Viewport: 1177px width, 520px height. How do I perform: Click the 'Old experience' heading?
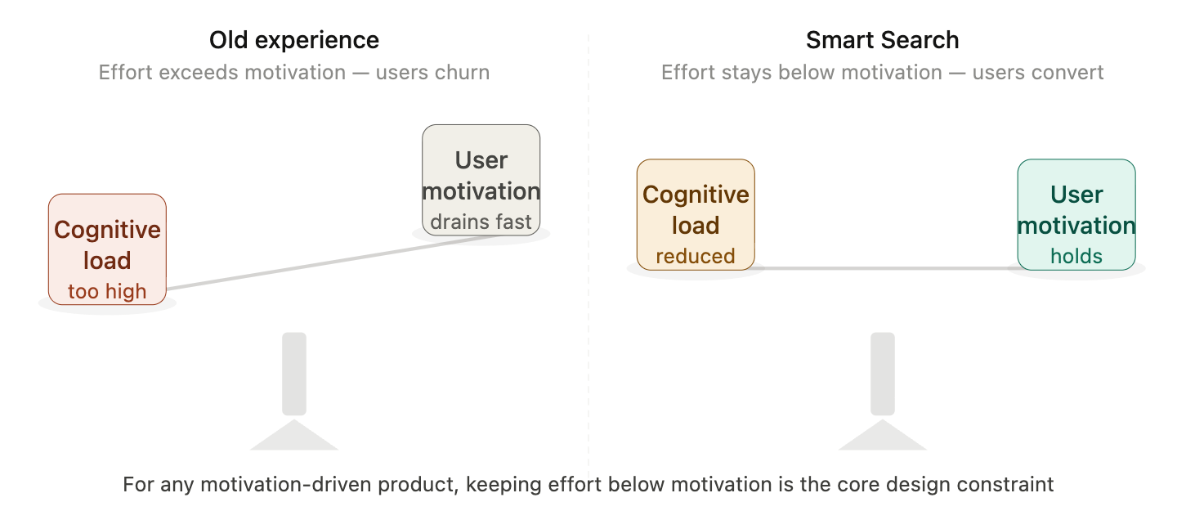293,40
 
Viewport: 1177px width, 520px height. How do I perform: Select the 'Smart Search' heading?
882,40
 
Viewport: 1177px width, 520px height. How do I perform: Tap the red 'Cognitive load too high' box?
107,249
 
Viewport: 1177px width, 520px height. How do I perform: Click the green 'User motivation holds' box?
1076,214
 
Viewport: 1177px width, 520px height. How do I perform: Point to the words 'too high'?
107,291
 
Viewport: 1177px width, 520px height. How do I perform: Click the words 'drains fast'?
481,222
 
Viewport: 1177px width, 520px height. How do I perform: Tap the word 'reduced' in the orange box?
696,256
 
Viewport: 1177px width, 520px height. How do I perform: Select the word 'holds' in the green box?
1076,256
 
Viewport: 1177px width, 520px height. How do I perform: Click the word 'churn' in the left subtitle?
467,72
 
